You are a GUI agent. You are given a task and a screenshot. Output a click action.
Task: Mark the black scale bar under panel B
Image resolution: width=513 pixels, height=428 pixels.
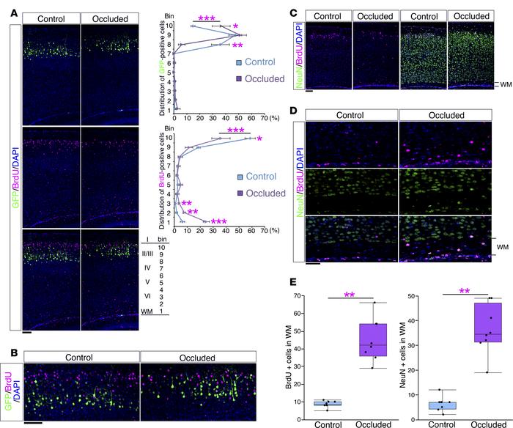pyautogui.click(x=33, y=423)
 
